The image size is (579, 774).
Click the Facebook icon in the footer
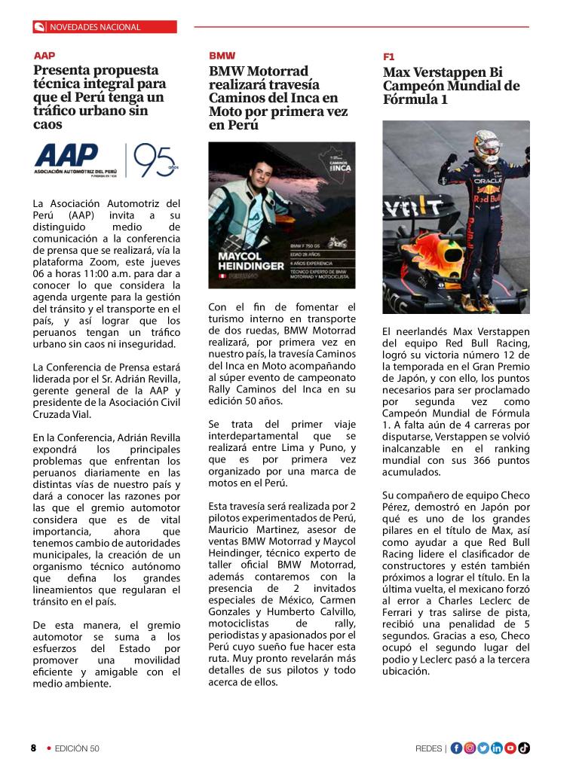(456, 748)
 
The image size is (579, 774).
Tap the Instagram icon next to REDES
(470, 748)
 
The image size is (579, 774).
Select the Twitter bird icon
(483, 748)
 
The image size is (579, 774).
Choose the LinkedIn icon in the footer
(497, 748)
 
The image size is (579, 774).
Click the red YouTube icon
(510, 748)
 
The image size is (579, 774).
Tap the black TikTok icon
(524, 748)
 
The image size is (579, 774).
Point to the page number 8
(33, 748)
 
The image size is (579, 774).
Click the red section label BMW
(222, 56)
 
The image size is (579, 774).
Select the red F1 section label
(388, 56)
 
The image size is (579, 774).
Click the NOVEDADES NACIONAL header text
(95, 27)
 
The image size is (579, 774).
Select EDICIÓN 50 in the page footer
(76, 748)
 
